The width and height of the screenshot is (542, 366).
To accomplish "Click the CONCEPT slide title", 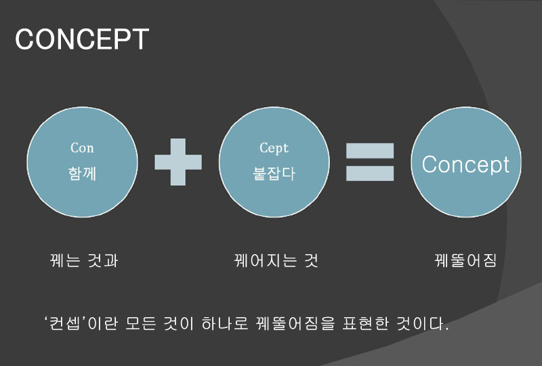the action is click(82, 39).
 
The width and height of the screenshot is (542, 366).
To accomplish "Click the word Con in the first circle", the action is click(82, 148).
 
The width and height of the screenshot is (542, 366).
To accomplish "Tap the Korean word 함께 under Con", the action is click(82, 174).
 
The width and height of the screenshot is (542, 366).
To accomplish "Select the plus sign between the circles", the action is click(178, 162).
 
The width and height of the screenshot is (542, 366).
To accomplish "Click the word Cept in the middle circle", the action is click(274, 148).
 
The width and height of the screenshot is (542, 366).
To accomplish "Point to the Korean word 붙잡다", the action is click(274, 174).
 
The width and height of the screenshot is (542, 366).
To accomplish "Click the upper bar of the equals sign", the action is click(370, 150).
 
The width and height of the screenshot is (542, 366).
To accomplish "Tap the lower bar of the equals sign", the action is click(370, 174).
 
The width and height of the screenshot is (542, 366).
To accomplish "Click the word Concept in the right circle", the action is click(465, 165).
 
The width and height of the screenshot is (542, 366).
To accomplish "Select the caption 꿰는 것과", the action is click(84, 260).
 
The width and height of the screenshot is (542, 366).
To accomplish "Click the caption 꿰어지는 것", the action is click(276, 260).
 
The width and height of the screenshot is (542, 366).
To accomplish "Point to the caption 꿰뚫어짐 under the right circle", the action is click(465, 260).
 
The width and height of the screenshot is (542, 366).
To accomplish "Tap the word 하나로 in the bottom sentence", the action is click(225, 323).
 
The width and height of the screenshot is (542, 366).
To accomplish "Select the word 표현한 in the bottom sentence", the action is click(366, 323).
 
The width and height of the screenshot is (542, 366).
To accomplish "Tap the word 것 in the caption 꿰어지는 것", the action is click(311, 260).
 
